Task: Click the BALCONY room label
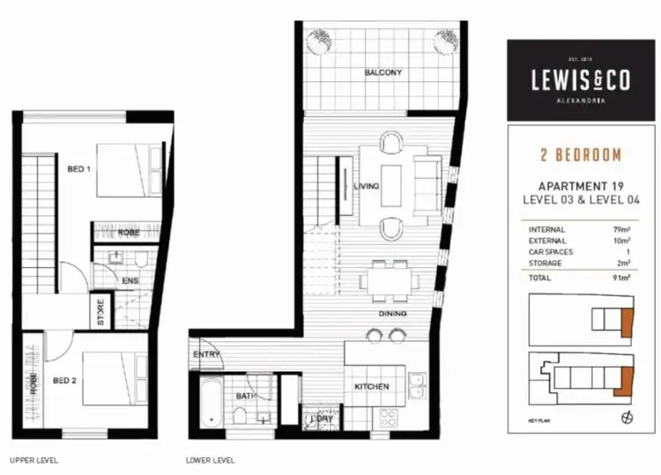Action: coord(383,72)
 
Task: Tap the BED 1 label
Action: coord(79,167)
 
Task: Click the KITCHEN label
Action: coord(372,387)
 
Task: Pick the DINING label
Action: coord(392,314)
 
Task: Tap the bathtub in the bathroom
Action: coord(209,401)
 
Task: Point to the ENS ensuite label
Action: coord(130,281)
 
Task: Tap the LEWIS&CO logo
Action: coord(580,79)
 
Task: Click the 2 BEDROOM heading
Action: coord(581,155)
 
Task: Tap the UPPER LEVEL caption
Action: coord(34,460)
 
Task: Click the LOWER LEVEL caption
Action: coord(210,460)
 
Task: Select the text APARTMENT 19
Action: coord(581,186)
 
